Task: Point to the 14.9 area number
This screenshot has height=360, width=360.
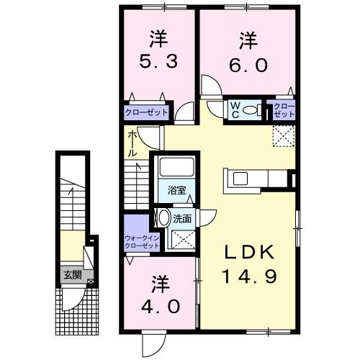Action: pyautogui.click(x=250, y=275)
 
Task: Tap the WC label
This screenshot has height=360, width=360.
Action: pyautogui.click(x=235, y=110)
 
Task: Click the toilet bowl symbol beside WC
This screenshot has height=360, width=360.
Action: pyautogui.click(x=251, y=110)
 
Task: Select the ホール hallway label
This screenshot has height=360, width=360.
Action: pyautogui.click(x=132, y=144)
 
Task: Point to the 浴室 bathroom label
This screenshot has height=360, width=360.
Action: pyautogui.click(x=177, y=191)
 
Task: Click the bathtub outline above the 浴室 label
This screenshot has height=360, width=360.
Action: pyautogui.click(x=177, y=168)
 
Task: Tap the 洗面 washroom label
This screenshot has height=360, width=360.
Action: pyautogui.click(x=183, y=218)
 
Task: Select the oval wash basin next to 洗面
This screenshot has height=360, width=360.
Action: pyautogui.click(x=163, y=218)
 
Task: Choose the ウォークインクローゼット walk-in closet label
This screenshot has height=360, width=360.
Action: pyautogui.click(x=141, y=242)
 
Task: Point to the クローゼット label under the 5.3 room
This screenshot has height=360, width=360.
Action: pyautogui.click(x=146, y=112)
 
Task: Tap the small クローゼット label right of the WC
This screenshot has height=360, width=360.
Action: pyautogui.click(x=284, y=110)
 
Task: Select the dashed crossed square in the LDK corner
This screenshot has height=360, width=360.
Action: pyautogui.click(x=283, y=134)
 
